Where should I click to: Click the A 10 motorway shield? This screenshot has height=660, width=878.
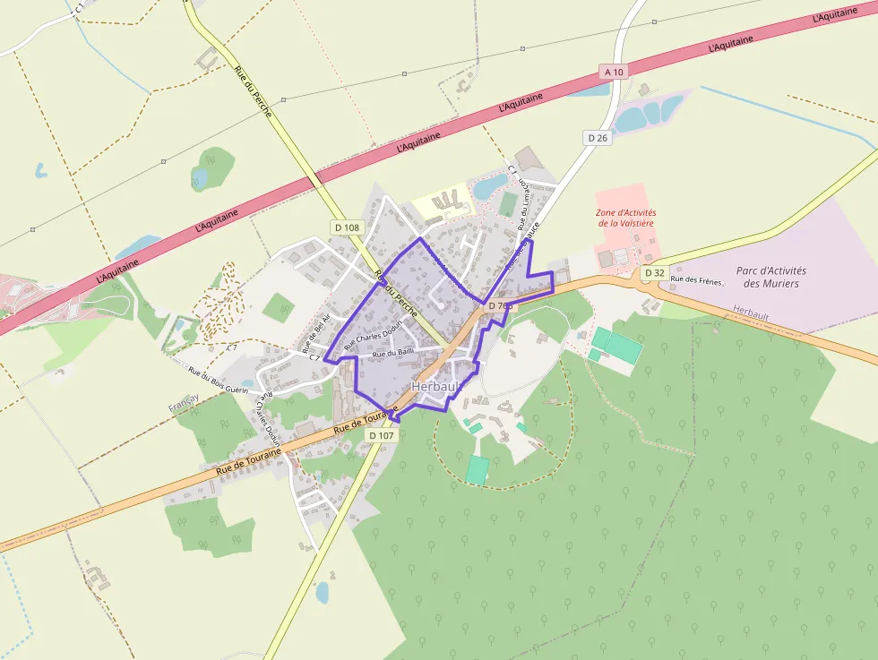pyautogui.click(x=614, y=72)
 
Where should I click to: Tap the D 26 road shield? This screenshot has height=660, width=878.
pyautogui.click(x=598, y=138)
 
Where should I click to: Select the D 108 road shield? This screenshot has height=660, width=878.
pyautogui.click(x=347, y=227)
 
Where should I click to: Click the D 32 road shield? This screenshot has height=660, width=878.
pyautogui.click(x=655, y=272)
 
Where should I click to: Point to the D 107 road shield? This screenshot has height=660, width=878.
pyautogui.click(x=381, y=435)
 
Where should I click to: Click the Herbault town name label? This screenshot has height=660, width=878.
pyautogui.click(x=435, y=385)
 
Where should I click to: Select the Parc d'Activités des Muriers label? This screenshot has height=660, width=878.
pyautogui.click(x=770, y=277)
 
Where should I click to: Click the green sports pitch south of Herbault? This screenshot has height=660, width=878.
pyautogui.click(x=478, y=469)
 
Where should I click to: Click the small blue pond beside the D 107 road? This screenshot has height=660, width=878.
pyautogui.click(x=322, y=592)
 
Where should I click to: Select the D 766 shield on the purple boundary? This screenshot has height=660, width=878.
pyautogui.click(x=501, y=305)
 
